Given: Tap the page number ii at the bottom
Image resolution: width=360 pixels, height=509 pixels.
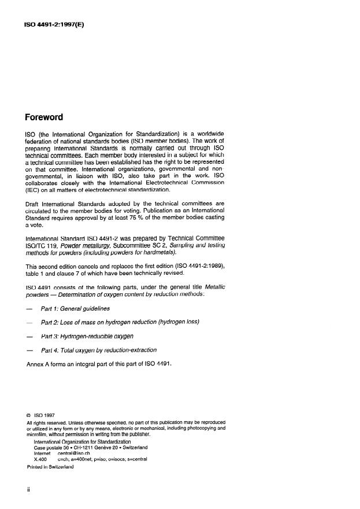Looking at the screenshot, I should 28,490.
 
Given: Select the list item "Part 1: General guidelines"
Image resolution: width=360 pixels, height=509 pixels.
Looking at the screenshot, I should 75,309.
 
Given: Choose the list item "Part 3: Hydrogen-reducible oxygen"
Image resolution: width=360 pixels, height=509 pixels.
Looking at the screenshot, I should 87,336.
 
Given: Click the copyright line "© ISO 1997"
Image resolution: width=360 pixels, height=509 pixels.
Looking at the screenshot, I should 43,415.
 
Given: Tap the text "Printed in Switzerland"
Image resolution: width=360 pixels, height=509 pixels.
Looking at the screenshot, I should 50,467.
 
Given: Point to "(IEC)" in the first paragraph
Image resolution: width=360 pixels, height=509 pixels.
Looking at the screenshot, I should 34,188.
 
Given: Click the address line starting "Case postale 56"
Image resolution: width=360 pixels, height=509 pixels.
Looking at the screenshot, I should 91,447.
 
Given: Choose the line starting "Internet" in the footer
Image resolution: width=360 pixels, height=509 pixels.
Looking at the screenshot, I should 63,453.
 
